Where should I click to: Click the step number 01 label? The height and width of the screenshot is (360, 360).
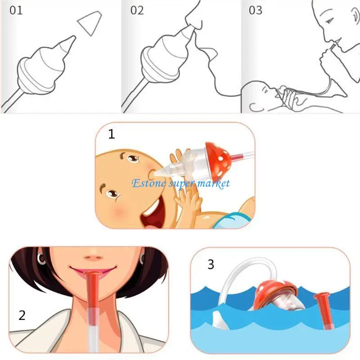coord(16,10)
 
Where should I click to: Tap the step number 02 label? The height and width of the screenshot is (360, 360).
coord(137,10)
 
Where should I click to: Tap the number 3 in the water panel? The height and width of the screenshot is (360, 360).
coord(211,264)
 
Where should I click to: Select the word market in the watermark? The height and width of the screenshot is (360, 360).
coord(214,183)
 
